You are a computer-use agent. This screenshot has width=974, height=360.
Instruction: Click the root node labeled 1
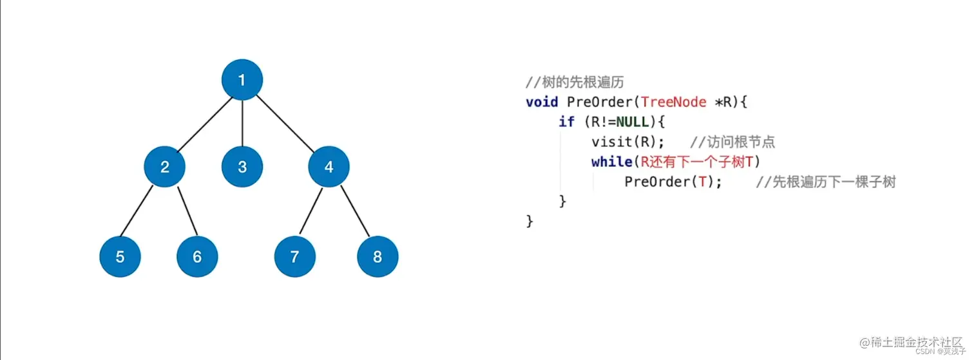coord(242,80)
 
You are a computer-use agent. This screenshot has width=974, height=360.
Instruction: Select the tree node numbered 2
coord(164,167)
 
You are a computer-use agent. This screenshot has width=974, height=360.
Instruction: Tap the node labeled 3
coord(242,167)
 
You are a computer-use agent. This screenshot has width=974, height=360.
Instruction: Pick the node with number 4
coord(329,167)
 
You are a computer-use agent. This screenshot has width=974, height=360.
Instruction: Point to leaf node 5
coord(120,257)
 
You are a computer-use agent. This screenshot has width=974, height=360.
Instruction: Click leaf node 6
coord(197,257)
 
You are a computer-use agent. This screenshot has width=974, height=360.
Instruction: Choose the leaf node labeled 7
coord(294,257)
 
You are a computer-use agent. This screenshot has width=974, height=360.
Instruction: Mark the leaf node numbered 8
coord(377,257)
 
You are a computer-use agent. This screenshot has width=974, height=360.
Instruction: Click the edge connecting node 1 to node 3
coord(242,124)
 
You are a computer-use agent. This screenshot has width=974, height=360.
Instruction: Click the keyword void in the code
coord(542,102)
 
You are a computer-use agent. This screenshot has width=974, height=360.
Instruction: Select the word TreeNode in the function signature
coord(674,102)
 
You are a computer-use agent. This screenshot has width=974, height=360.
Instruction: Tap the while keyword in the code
coord(611,162)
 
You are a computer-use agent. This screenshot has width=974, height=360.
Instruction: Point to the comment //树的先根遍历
coord(575,83)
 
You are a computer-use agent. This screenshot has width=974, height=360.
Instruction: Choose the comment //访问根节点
coord(732,142)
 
